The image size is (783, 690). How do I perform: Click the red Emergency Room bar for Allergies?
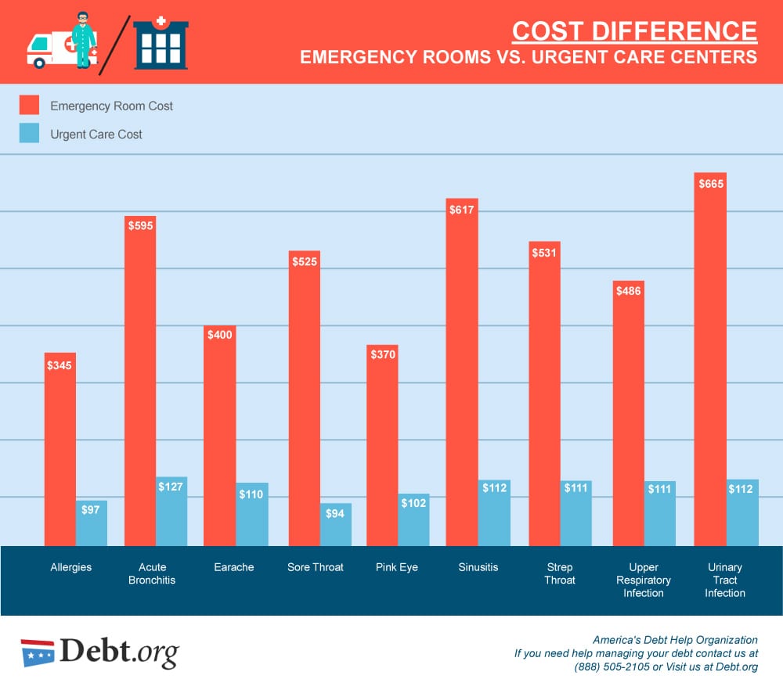[x=60, y=449]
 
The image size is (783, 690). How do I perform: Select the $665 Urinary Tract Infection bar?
[x=710, y=359]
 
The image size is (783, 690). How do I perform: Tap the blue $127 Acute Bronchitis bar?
[x=171, y=512]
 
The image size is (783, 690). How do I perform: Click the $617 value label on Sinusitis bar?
[x=462, y=210]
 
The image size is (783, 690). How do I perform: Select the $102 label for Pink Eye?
[x=413, y=503]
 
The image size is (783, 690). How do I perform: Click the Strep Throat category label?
[x=560, y=573]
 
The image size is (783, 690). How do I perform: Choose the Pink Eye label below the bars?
[x=397, y=567]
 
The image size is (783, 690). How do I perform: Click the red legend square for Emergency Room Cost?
[x=29, y=106]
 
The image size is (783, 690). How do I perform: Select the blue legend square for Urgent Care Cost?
[x=29, y=134]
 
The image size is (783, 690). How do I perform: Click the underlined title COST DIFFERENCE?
[x=634, y=31]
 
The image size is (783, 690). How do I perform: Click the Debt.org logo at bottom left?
[x=99, y=652]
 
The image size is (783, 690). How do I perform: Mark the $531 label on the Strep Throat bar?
[x=544, y=253]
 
